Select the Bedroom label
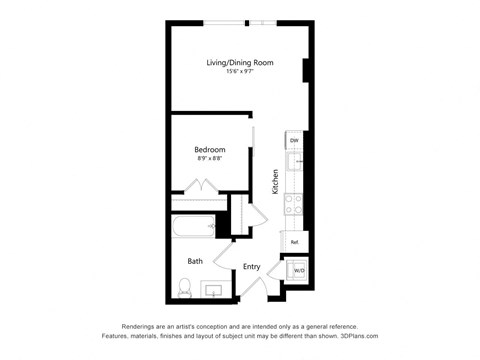point(210,150)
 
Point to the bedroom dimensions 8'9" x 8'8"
point(210,159)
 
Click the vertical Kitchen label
point(275,181)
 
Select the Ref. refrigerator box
point(295,241)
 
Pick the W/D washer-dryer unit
point(297,269)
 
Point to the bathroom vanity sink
point(213,290)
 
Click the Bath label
point(195,262)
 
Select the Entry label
point(252,266)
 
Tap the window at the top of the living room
point(240,22)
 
